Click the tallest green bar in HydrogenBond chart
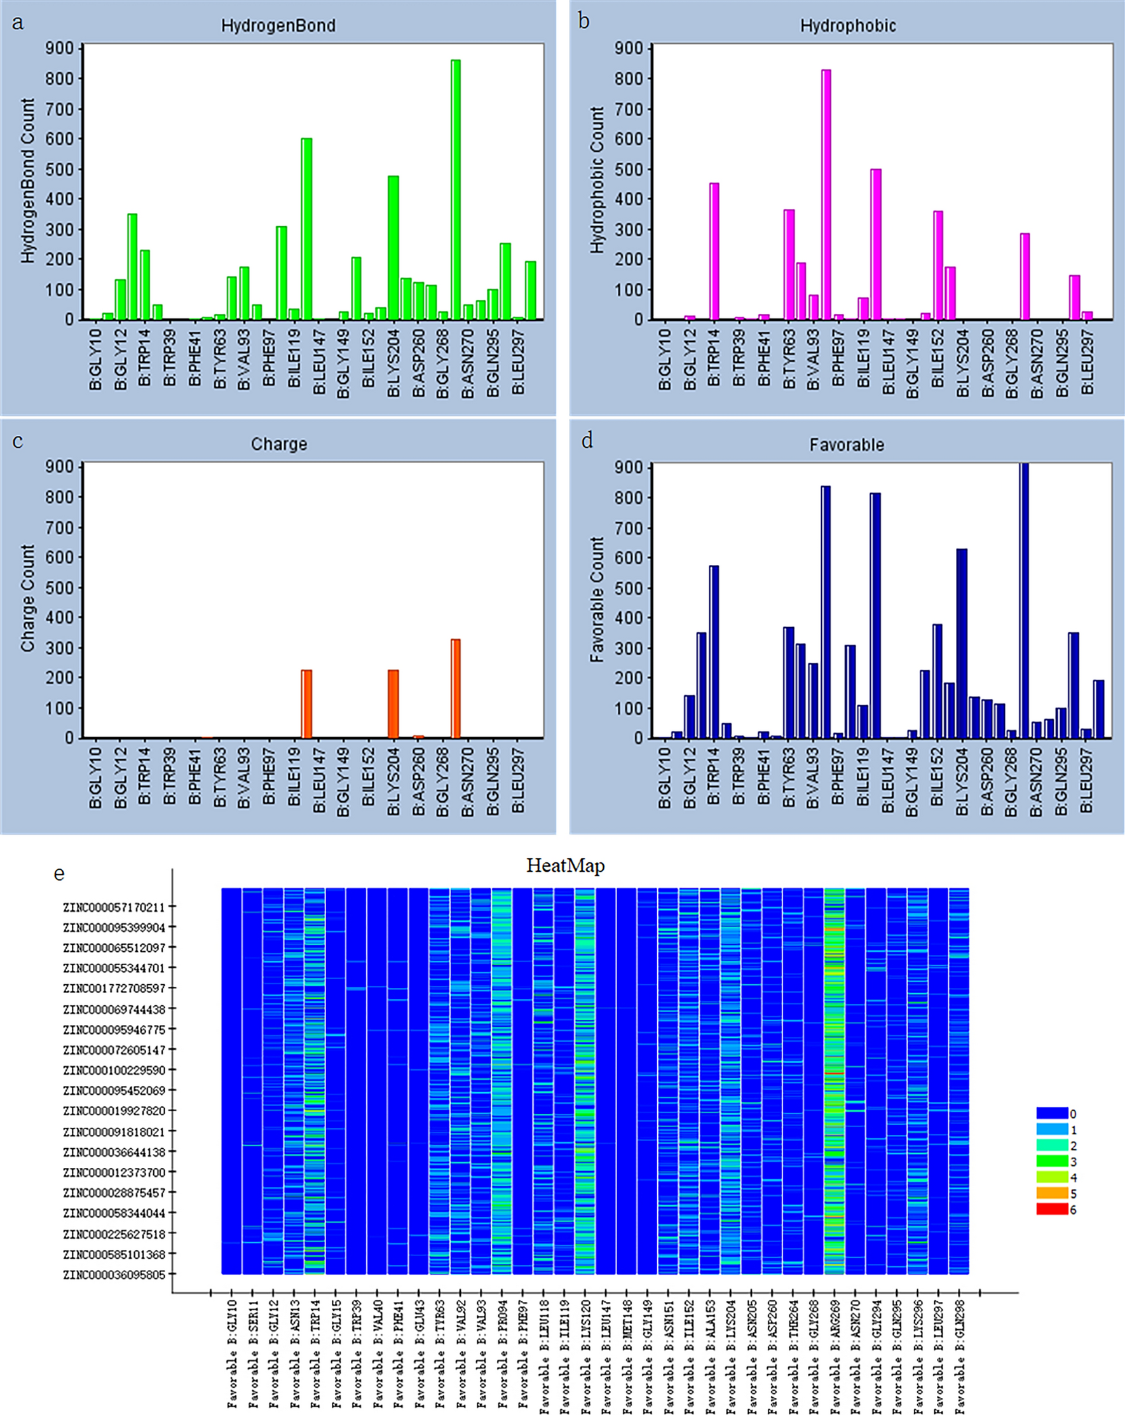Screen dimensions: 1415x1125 456,191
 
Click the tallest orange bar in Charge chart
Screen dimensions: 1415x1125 456,689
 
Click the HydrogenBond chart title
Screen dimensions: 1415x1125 278,25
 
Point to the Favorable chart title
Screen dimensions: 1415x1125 847,445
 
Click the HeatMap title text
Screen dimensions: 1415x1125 565,866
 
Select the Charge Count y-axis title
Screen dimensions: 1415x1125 27,599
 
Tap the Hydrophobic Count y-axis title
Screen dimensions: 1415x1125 597,180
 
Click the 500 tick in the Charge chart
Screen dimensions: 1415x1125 59,587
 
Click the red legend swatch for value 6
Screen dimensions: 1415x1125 1051,1210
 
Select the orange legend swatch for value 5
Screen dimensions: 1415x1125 1051,1193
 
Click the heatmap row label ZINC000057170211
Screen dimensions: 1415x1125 114,908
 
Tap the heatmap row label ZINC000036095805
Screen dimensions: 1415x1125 114,1275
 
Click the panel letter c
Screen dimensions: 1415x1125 18,441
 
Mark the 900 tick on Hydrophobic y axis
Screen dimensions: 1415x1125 629,48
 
